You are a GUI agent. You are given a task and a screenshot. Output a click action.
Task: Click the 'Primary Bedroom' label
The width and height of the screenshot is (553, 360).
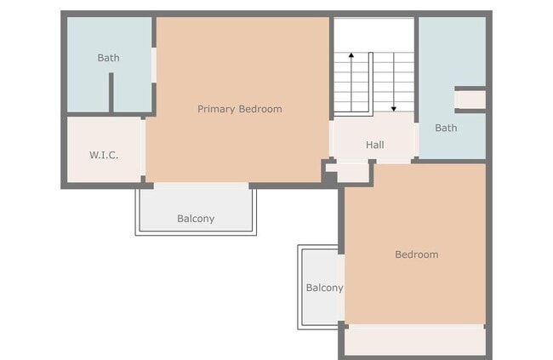point(239,109)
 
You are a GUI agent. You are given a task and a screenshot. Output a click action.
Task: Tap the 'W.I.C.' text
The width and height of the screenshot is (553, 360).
point(103,155)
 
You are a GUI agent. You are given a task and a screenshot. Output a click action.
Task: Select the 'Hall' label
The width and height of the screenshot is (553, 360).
point(374,145)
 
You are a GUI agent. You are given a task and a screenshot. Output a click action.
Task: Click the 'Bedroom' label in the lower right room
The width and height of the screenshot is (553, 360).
point(416,254)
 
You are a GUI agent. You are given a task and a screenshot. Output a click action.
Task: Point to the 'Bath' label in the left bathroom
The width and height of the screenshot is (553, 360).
point(108,58)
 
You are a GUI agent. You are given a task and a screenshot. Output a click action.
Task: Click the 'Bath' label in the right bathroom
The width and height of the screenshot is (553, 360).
point(446,129)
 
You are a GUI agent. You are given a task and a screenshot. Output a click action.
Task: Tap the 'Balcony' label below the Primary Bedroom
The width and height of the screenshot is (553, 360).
point(196,219)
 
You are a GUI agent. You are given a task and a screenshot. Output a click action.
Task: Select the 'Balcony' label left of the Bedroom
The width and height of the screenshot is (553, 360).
point(324,288)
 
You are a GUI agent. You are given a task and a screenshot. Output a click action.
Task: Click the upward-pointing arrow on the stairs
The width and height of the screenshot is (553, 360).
point(350,58)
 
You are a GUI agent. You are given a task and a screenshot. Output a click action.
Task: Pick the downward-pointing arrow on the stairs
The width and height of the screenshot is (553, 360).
point(394,107)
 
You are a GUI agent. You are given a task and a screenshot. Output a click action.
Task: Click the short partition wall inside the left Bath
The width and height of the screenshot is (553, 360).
point(111,93)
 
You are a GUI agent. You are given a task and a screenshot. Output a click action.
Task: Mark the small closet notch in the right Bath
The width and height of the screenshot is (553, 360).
point(470,100)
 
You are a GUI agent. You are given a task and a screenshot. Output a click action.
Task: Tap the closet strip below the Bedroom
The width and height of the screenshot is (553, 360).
point(414,340)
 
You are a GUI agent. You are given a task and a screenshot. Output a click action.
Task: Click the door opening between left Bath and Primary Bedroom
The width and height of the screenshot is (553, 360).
point(154,65)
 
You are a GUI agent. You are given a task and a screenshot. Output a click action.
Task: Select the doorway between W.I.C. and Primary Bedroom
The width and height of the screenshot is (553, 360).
point(143,150)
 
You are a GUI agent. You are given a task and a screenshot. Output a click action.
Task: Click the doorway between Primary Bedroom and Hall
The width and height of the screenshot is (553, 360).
point(330,139)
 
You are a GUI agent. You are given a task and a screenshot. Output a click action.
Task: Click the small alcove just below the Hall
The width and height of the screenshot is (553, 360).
point(353,172)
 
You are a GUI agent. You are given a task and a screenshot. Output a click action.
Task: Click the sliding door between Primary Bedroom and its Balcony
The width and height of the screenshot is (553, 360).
point(201,185)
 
